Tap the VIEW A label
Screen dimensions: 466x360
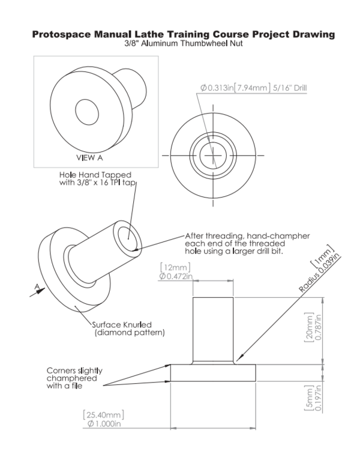coord(90,157)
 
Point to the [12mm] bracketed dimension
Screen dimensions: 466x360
coord(173,267)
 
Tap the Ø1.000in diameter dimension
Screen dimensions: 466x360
coord(106,424)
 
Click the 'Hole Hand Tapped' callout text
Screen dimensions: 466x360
coord(95,178)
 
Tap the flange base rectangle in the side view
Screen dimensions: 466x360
coord(213,372)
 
